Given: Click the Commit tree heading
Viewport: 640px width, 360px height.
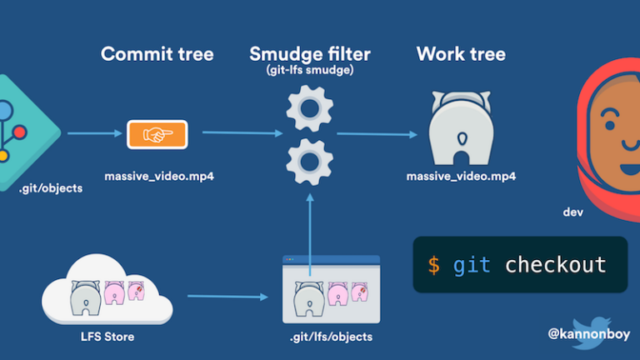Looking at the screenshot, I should coord(157,55).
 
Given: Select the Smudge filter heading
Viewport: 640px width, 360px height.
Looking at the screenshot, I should coord(309,55).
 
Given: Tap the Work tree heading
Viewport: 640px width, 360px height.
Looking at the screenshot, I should coord(460,55).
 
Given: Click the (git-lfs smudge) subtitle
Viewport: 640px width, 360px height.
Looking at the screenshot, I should coord(309,72).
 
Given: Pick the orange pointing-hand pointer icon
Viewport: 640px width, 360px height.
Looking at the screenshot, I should coord(157,134).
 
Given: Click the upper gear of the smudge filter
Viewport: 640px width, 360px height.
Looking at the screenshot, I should coord(309,110).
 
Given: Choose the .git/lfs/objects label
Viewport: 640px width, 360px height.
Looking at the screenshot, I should coord(331,337).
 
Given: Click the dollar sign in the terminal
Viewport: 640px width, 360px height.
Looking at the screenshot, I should coord(433,265).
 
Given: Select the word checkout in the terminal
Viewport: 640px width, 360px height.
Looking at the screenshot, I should coord(555,265).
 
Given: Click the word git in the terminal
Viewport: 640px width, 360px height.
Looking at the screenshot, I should coord(472,265).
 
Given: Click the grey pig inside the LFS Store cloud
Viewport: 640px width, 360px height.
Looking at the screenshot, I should coord(86,295).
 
